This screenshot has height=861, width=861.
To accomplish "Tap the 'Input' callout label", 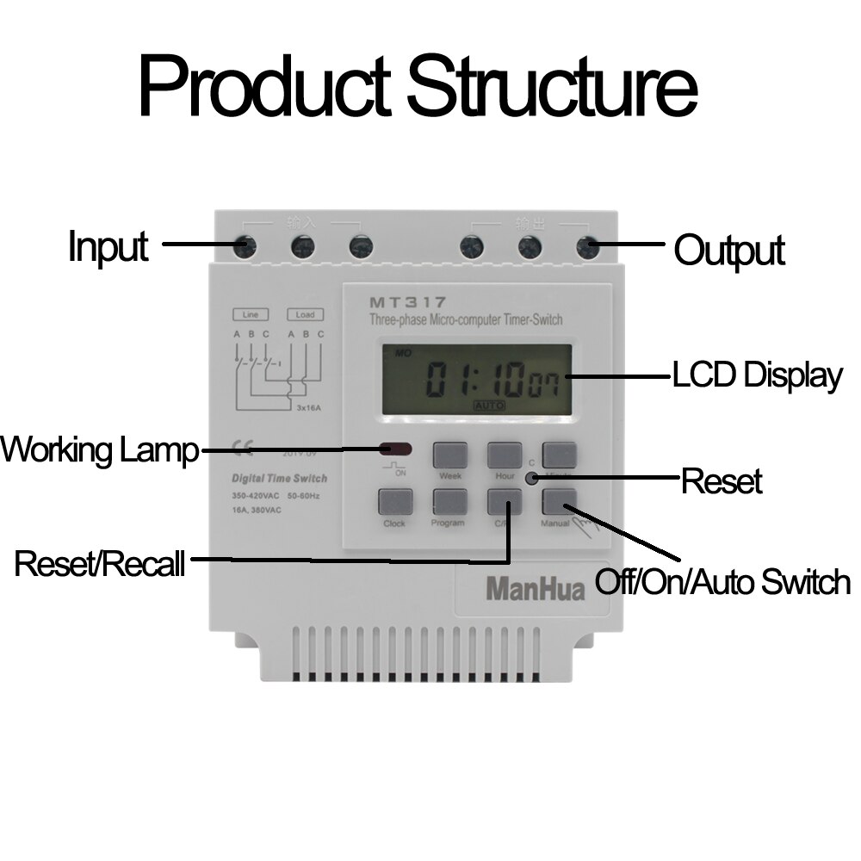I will point(108,246).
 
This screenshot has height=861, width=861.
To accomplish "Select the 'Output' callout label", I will point(728,251).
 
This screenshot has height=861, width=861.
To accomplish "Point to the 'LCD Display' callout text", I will point(757,376).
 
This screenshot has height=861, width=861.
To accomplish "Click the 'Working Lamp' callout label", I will point(100,449).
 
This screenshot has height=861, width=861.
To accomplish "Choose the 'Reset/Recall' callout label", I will point(100,564).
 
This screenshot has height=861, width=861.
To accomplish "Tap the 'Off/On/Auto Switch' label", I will point(723,582).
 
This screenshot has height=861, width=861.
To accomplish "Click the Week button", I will point(449,455).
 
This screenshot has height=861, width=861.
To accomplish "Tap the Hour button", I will point(505,455).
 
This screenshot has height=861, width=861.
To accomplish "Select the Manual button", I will point(559,501).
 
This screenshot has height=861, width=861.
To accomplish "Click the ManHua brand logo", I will point(535,589).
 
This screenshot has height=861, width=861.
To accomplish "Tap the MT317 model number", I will point(408,302).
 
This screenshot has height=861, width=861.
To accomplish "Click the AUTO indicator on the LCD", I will point(489,405).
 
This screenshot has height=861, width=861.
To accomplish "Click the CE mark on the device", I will point(243,446).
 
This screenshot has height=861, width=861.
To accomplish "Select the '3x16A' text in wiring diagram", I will point(308,408).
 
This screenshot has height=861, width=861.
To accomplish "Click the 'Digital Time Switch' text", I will point(279,479).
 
